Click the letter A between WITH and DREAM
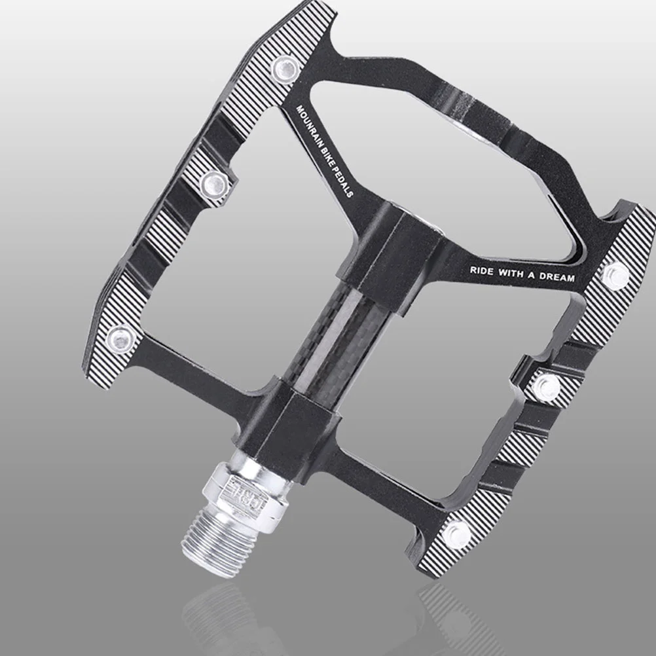531,275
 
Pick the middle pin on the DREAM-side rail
546,386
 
